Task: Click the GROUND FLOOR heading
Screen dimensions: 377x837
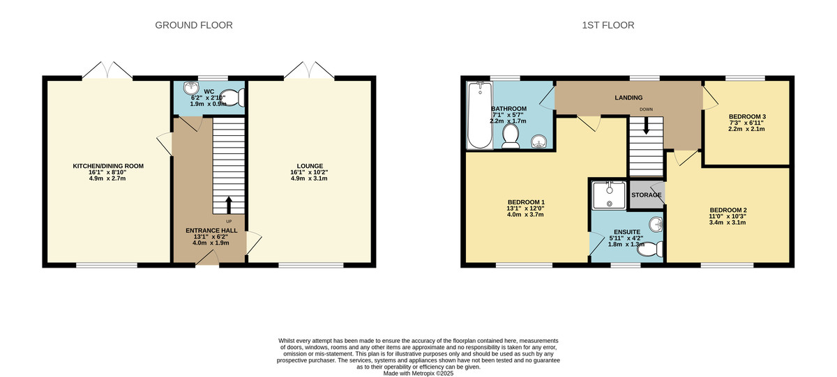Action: click(193, 25)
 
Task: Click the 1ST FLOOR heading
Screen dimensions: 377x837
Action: click(608, 25)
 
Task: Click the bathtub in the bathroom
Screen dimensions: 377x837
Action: click(478, 115)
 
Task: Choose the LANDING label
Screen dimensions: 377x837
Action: click(628, 98)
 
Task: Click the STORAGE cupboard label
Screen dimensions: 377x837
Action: click(646, 195)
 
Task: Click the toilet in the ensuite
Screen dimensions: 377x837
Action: click(651, 249)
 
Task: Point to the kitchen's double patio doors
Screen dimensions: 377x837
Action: click(107, 70)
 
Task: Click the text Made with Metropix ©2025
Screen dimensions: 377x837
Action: click(418, 374)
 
